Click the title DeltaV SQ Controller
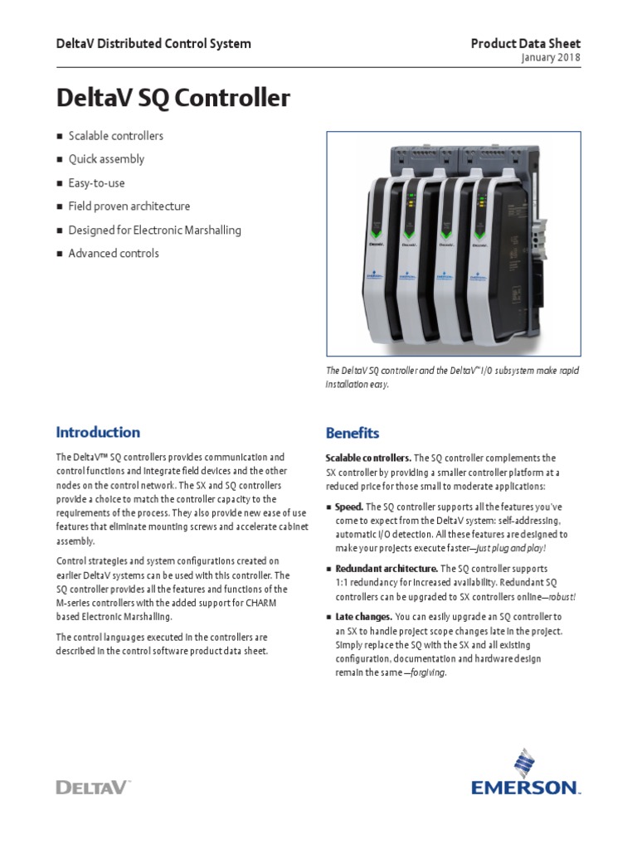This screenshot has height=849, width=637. (173, 99)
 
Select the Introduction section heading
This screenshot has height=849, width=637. (98, 432)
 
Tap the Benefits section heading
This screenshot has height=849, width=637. (353, 433)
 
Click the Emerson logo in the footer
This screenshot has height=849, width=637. (523, 776)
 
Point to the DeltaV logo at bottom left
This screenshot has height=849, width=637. (93, 787)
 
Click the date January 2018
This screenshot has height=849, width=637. (551, 58)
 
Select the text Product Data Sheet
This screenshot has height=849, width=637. (526, 43)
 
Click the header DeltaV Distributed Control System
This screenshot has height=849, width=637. (153, 43)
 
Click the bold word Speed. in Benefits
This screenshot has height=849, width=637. (349, 507)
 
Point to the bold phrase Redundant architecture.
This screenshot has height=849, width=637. (386, 569)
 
